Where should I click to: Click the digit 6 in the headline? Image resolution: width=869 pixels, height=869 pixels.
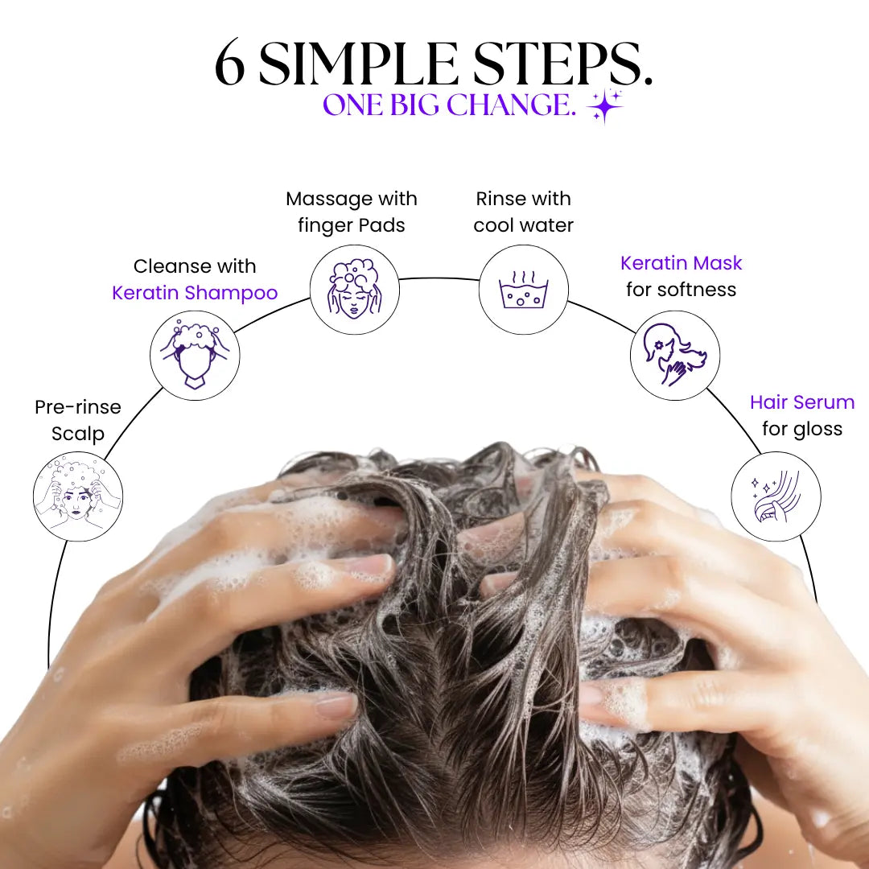tap(229, 63)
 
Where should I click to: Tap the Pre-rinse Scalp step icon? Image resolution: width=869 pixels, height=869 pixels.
tap(78, 496)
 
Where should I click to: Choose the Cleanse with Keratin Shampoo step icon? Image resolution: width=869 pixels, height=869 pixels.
tap(195, 356)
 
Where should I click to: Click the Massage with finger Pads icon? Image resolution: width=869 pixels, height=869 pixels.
tap(355, 290)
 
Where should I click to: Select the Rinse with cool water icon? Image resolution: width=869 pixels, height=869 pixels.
tap(524, 290)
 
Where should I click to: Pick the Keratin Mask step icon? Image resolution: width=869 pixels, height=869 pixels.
tap(675, 356)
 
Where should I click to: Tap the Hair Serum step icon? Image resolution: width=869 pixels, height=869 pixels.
tap(776, 496)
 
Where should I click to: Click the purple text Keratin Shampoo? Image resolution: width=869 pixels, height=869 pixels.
tap(195, 293)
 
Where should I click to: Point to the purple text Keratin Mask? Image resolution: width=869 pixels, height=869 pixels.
tap(682, 262)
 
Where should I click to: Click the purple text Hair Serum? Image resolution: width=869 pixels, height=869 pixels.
tap(802, 402)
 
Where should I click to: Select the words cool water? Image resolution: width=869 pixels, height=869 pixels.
tap(523, 225)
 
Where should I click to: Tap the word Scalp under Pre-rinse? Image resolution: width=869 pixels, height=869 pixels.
tap(77, 434)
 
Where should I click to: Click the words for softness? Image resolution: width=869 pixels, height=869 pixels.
tap(682, 290)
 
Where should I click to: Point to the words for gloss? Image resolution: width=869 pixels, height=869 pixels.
tap(802, 430)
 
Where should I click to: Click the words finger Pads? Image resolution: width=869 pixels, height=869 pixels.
tap(352, 225)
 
